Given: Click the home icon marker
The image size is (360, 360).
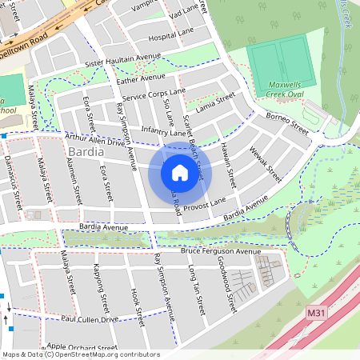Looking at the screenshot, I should pyautogui.click(x=180, y=173).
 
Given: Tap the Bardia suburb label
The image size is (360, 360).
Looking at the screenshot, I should pyautogui.click(x=88, y=150).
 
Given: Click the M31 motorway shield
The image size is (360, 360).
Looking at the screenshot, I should pyautogui.click(x=315, y=316).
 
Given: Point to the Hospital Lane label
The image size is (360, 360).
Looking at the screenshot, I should pyautogui.click(x=171, y=36).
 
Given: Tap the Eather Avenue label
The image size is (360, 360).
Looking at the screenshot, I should pyautogui.click(x=140, y=78).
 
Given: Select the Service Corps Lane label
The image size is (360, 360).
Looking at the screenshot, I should pyautogui.click(x=154, y=94).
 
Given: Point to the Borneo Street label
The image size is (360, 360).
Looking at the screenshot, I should pyautogui.click(x=288, y=125).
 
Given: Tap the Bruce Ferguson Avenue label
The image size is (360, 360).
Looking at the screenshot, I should pyautogui.click(x=221, y=251).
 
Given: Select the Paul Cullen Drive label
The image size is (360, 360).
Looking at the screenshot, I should pyautogui.click(x=90, y=318).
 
